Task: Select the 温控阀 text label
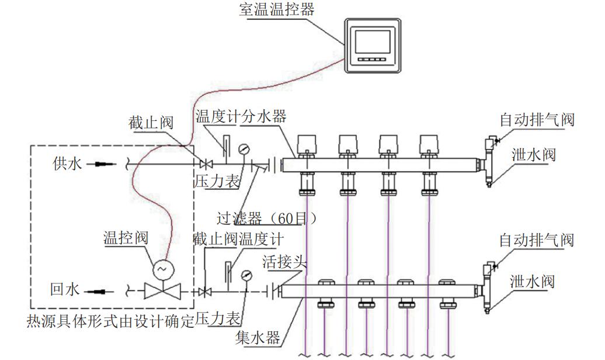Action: click(x=126, y=238)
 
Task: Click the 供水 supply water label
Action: click(x=66, y=164)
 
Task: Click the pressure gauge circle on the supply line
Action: click(x=243, y=148)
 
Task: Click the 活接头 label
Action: click(x=284, y=261)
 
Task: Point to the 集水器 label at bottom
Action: click(x=258, y=338)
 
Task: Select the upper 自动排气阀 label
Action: click(x=537, y=120)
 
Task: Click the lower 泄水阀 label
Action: click(x=532, y=281)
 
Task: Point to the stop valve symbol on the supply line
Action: click(x=204, y=164)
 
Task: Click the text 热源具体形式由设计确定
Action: click(x=111, y=321)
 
